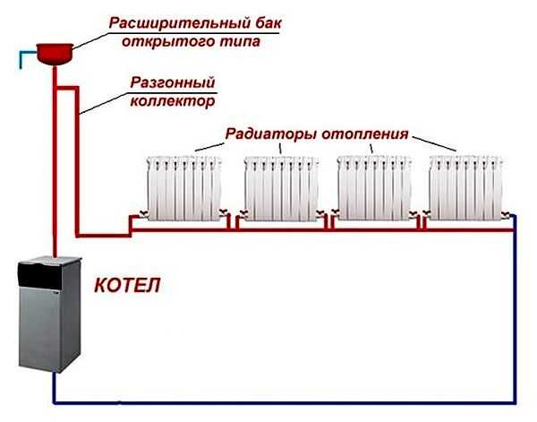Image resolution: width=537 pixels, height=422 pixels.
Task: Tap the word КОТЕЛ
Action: (x=128, y=289)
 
